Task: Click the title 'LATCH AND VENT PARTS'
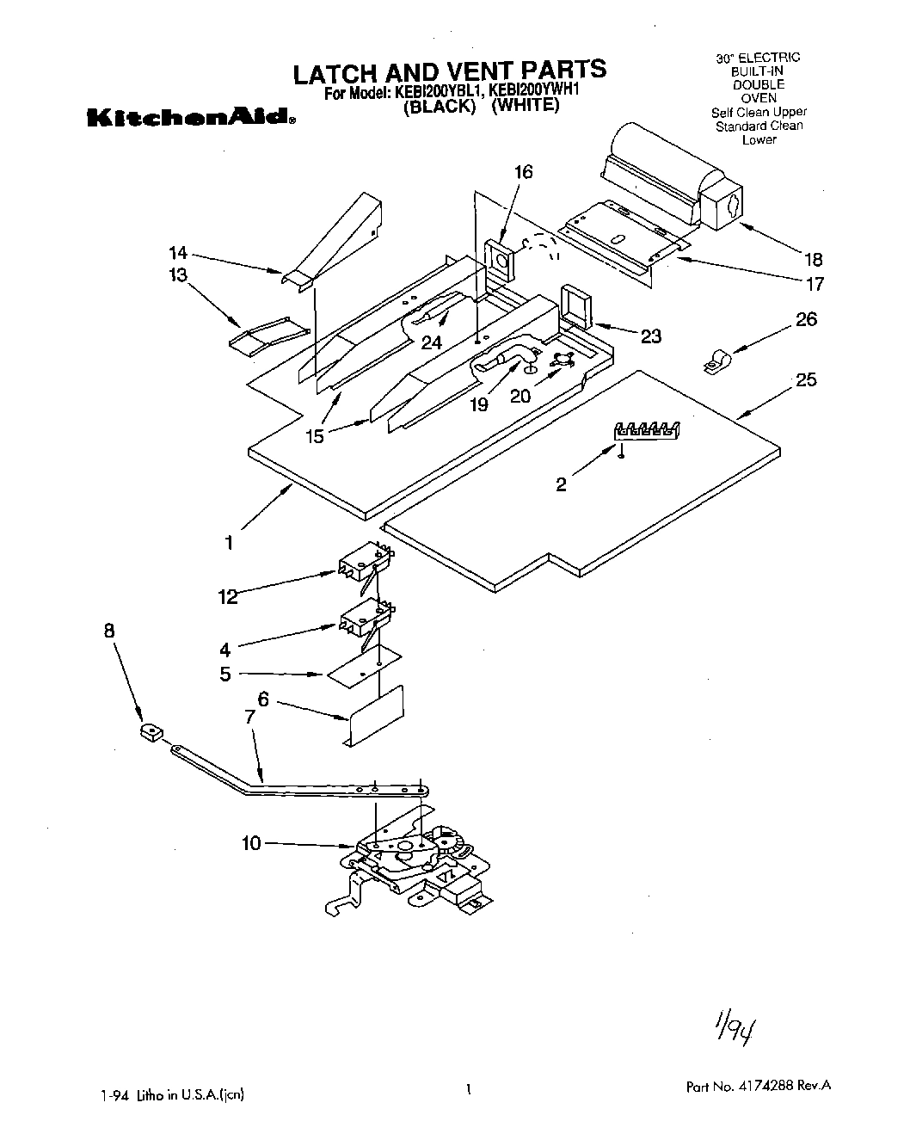click(x=449, y=71)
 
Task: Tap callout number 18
click(x=812, y=259)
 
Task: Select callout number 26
click(x=806, y=319)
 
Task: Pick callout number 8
click(x=109, y=631)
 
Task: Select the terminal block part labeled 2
click(x=648, y=431)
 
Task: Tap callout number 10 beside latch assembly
click(x=250, y=844)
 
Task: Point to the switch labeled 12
click(x=366, y=563)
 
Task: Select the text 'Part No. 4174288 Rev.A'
click(x=758, y=1087)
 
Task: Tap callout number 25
click(x=806, y=379)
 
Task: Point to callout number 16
click(x=523, y=172)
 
